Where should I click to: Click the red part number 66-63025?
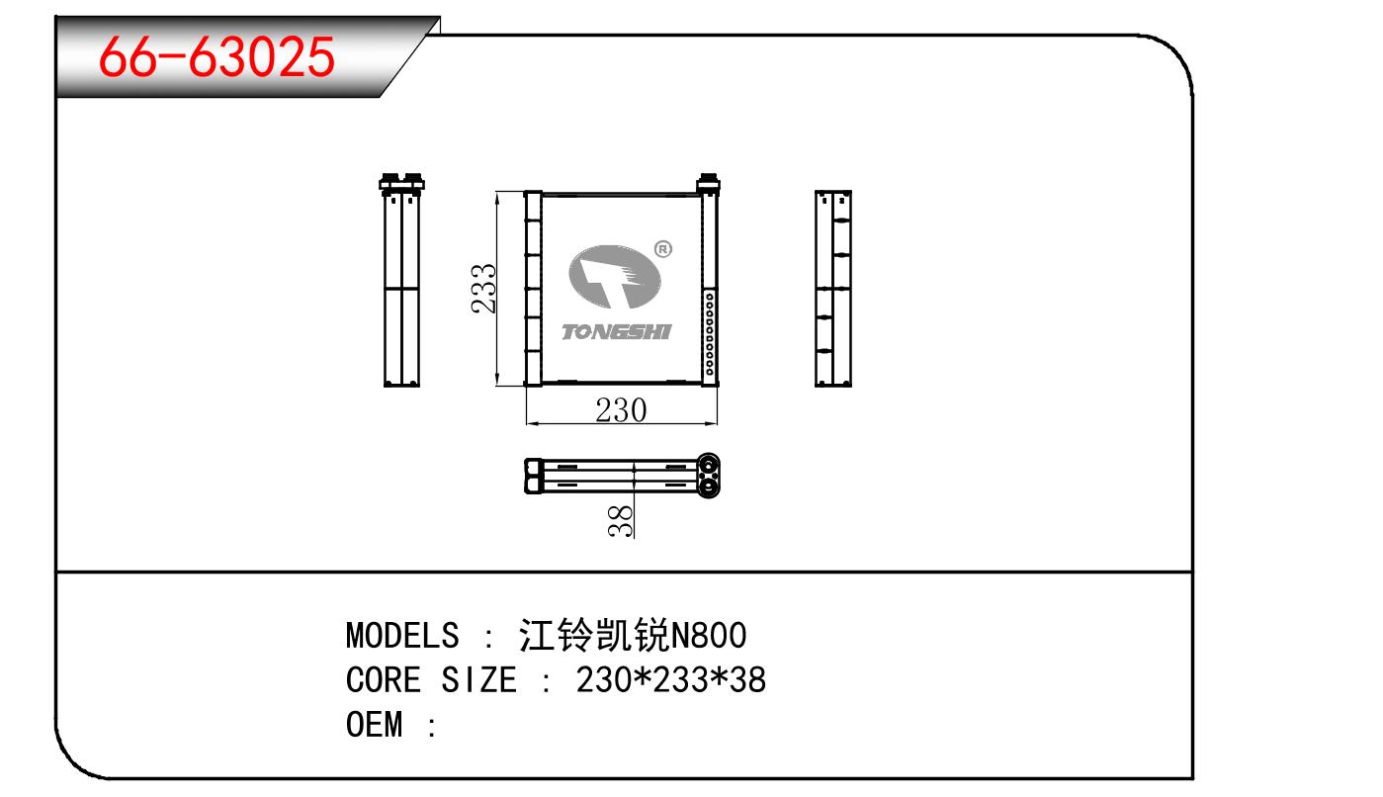(216, 56)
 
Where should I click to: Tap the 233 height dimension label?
(483, 289)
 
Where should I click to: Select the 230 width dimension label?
(621, 410)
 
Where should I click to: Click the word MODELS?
(402, 635)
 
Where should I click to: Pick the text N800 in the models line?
(709, 635)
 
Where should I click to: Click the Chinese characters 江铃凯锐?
(594, 635)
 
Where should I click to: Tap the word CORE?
(384, 679)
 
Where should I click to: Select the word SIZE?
(478, 679)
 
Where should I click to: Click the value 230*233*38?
(671, 679)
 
